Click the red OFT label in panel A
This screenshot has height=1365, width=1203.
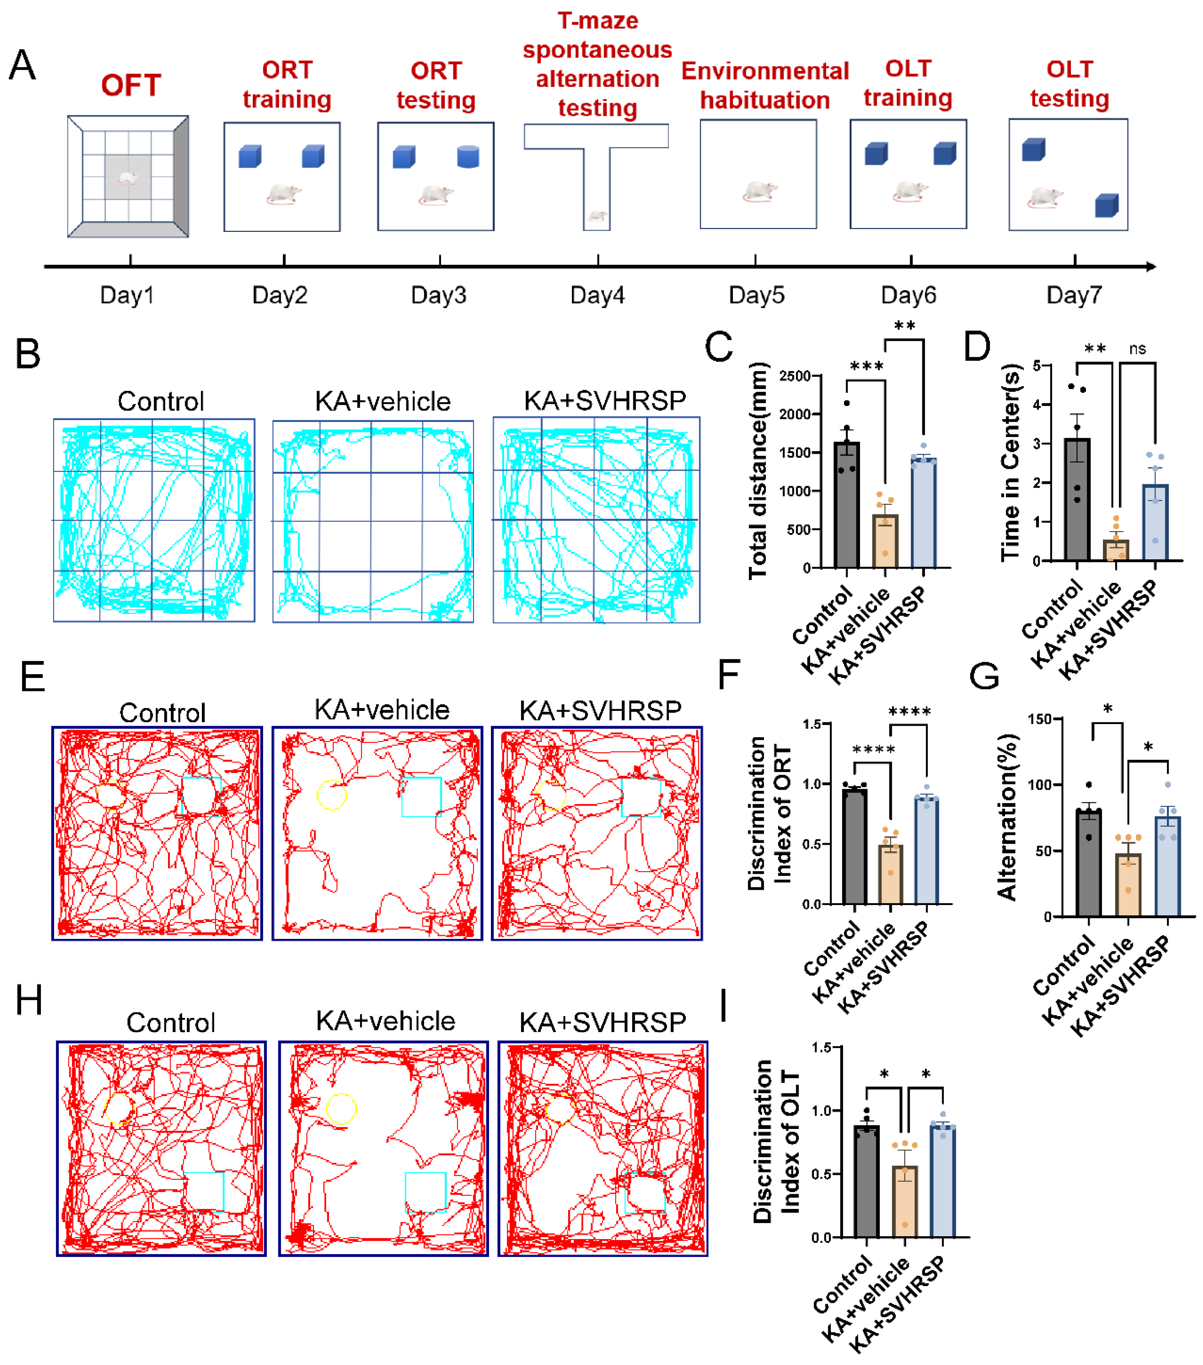coord(131,85)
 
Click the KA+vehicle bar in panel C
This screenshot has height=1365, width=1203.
coord(885,541)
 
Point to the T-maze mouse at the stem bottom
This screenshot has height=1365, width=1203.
coord(596,216)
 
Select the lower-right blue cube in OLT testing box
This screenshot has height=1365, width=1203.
coord(1106,206)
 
